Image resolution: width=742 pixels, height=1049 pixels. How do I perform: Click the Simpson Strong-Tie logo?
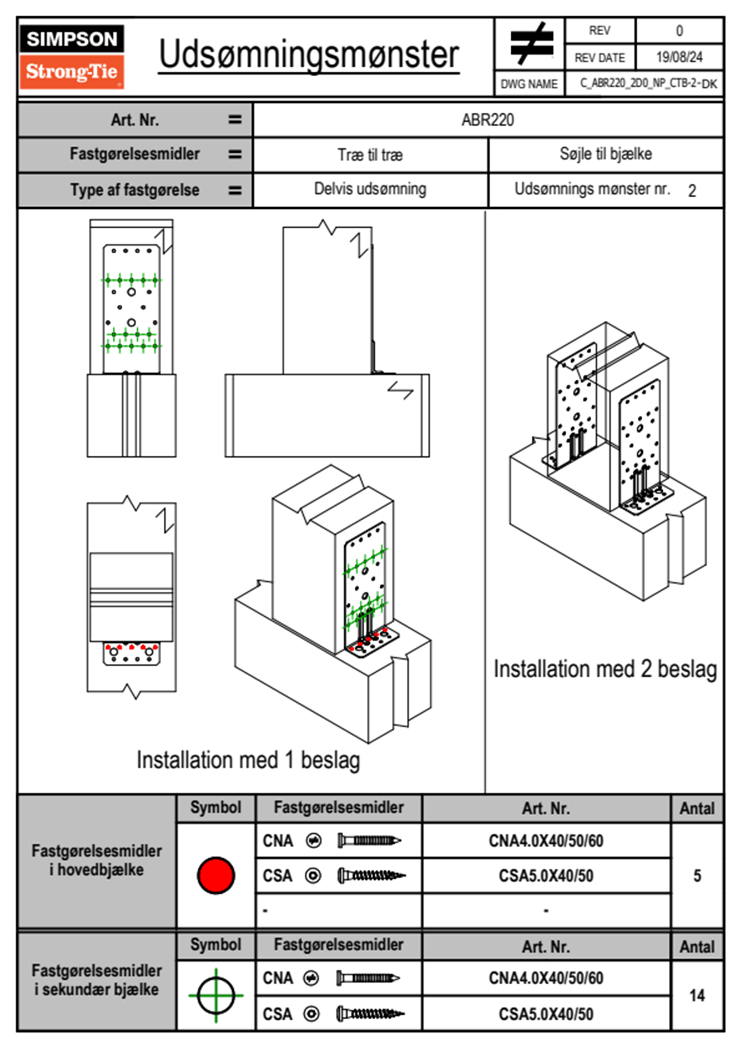coord(71,56)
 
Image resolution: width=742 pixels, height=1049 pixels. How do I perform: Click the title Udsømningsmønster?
coord(309,55)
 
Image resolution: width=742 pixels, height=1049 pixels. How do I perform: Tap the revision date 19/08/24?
coord(678,57)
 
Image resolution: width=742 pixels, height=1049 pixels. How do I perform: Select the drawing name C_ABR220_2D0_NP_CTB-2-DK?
coord(648,84)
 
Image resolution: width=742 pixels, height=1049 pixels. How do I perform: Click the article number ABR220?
coord(488,120)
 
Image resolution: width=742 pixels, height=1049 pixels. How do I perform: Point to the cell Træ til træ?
coord(370,155)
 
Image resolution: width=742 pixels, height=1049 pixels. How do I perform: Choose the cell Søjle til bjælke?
coord(605,154)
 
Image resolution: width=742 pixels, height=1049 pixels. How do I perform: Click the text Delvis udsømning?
coord(370,189)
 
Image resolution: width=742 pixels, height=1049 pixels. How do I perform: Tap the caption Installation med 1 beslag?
coord(248,760)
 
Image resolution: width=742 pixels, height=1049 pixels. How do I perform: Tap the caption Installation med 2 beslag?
coord(605,669)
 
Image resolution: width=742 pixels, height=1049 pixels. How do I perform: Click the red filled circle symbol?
coord(216,875)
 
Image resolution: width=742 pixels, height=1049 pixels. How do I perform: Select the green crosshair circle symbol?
coord(216,995)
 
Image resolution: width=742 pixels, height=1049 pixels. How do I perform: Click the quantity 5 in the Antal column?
coord(697,876)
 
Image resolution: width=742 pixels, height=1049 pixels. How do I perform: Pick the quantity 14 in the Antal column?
coord(697,995)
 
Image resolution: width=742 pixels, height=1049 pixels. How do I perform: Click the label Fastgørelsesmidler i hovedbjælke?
coord(97,860)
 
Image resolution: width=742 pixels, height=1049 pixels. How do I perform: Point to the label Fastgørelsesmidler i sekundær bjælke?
coord(97,980)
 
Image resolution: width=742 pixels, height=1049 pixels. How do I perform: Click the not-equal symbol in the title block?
coord(531,44)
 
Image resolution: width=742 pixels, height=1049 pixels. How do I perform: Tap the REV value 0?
coord(679,31)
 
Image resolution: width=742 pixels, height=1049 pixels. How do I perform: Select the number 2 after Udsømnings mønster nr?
coord(692,191)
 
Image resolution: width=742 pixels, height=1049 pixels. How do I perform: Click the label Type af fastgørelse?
coord(135,190)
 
